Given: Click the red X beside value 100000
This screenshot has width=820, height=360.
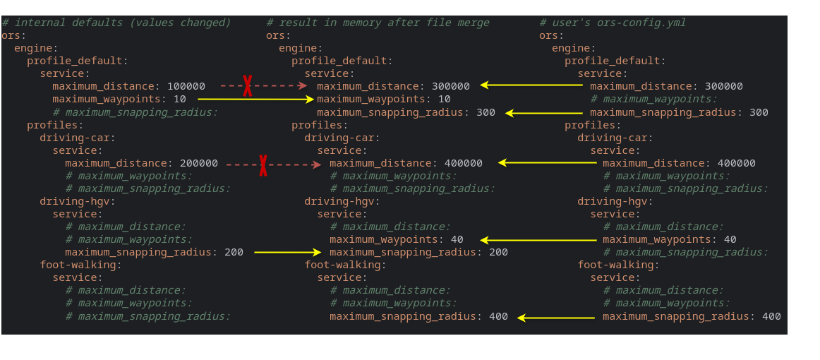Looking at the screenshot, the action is (x=247, y=86).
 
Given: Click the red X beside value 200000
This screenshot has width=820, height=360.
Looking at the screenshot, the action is (x=263, y=165).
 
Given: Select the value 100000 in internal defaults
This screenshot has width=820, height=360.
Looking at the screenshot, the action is (x=186, y=86).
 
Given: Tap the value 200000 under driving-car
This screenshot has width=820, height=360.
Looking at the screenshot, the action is (x=199, y=163).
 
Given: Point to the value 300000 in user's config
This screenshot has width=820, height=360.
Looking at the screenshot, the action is (x=724, y=86).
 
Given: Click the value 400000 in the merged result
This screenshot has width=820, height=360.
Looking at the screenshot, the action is (x=464, y=163).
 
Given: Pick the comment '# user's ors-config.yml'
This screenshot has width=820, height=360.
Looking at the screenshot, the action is (x=613, y=23).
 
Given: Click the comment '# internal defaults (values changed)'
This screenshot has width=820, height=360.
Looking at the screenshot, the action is (x=116, y=23).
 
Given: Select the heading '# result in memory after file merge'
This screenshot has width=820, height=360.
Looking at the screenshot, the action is (x=378, y=23).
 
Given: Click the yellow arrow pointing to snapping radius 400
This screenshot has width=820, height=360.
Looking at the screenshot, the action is (x=555, y=318).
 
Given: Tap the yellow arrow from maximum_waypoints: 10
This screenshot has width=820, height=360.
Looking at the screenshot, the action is (x=255, y=99).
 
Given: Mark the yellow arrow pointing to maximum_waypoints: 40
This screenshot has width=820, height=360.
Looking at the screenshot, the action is (x=538, y=240).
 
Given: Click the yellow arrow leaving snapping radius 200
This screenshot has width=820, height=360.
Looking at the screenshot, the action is (x=287, y=253).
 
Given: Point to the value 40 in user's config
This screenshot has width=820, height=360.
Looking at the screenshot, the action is (x=730, y=240).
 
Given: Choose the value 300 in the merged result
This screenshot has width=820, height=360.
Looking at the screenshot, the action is (x=486, y=112).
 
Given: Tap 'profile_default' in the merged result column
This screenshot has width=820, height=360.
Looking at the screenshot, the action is (x=339, y=61).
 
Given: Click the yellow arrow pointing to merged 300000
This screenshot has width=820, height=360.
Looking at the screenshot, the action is (x=531, y=85).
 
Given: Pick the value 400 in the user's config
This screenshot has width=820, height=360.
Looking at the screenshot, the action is (x=771, y=316).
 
